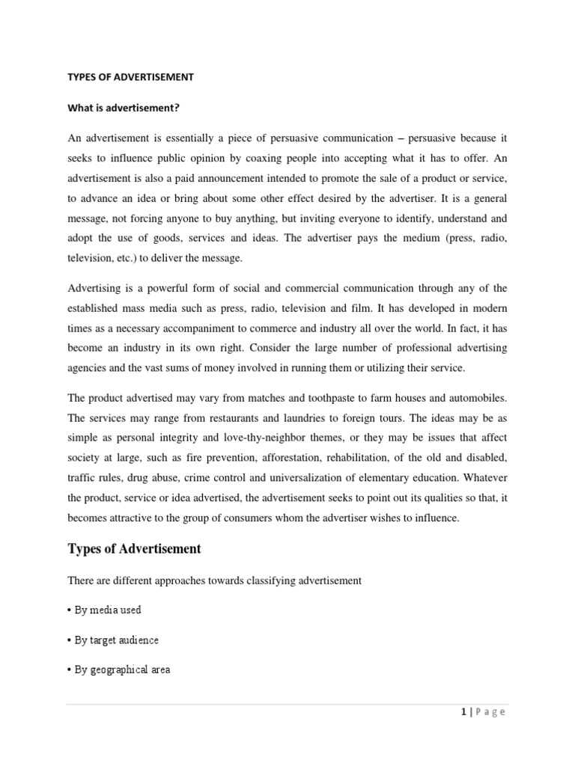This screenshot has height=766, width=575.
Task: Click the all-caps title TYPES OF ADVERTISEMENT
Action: pos(131,76)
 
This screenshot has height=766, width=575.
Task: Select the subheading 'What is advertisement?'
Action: pos(124,108)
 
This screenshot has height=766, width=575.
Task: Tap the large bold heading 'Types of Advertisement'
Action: pos(135,549)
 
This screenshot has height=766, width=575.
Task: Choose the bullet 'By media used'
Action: pos(104,610)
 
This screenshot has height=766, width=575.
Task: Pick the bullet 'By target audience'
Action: pos(113,640)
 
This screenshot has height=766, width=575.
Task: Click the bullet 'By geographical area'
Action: pos(119,670)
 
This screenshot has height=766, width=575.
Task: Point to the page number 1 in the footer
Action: pos(464,712)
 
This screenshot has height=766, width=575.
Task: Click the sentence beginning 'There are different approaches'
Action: pos(215,580)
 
